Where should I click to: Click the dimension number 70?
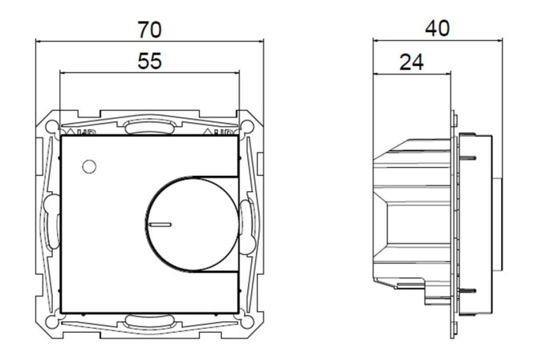[149, 30]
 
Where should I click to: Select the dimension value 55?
[149, 63]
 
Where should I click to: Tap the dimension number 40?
[436, 28]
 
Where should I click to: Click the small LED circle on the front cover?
[88, 167]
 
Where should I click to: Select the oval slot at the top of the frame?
[149, 125]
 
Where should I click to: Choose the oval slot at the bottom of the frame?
[149, 323]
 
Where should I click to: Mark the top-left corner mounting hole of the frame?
[52, 125]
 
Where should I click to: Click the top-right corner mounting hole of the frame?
[247, 125]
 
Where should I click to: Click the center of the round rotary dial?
[189, 222]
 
